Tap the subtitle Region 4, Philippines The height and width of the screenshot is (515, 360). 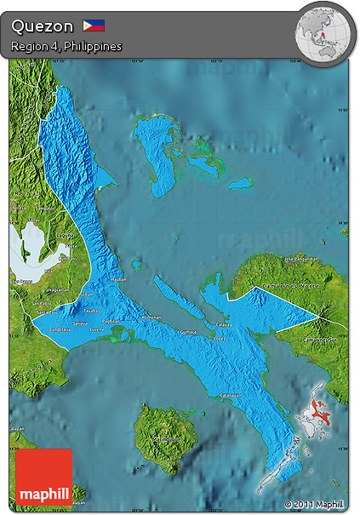point(66,46)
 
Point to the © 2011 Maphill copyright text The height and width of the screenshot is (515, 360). point(315,504)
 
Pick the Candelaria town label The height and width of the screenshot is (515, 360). point(60,329)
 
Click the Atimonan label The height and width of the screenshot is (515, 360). point(151,318)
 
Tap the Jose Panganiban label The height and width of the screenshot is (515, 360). point(300,258)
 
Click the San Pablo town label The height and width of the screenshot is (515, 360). point(40,303)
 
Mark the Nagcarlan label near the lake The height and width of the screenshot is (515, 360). point(59,290)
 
